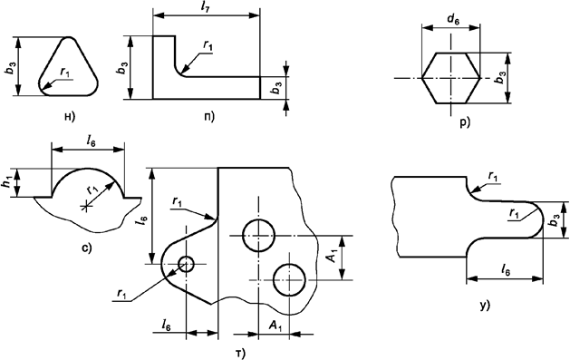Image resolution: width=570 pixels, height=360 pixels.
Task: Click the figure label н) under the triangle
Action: (67, 115)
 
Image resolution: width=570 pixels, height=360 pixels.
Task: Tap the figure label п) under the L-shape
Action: (211, 115)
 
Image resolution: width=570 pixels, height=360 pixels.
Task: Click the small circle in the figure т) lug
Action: (187, 264)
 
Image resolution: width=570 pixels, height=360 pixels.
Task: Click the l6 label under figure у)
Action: (506, 269)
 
